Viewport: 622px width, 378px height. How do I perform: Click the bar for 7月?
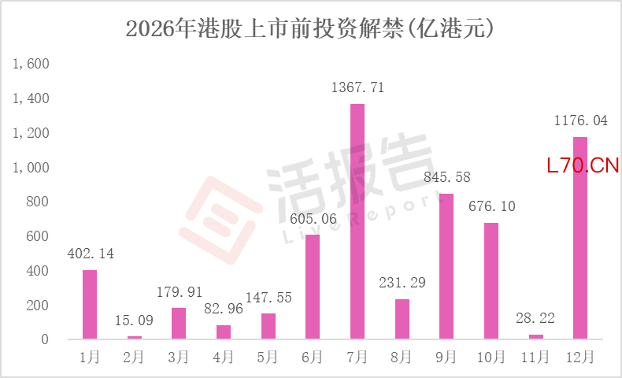click(x=357, y=221)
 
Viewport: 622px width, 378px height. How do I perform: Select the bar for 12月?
click(x=580, y=238)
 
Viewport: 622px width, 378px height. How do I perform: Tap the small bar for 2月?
click(x=135, y=338)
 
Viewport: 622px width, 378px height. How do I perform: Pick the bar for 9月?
click(x=446, y=266)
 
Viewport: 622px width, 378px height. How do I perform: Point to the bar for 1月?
click(x=90, y=305)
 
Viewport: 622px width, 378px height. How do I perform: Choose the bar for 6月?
click(x=313, y=287)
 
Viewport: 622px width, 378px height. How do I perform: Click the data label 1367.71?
click(x=357, y=87)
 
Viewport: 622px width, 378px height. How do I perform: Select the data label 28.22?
click(x=535, y=318)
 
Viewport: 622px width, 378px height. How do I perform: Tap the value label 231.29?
click(x=402, y=283)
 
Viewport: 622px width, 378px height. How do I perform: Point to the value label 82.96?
click(x=224, y=309)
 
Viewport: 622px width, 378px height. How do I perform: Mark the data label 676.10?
click(x=492, y=206)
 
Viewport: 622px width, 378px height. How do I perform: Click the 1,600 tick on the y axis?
click(x=31, y=64)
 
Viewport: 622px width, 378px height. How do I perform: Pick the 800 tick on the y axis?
click(x=38, y=202)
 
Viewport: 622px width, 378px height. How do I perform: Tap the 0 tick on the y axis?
click(x=45, y=339)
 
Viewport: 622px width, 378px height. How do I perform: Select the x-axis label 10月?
click(x=491, y=358)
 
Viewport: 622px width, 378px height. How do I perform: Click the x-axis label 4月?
click(x=223, y=358)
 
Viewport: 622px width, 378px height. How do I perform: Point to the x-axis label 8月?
click(x=402, y=358)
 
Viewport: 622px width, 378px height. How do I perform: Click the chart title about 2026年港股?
click(x=309, y=28)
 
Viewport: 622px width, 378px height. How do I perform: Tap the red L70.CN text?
click(x=583, y=165)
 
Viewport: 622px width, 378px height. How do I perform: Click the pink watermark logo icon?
click(x=220, y=220)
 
